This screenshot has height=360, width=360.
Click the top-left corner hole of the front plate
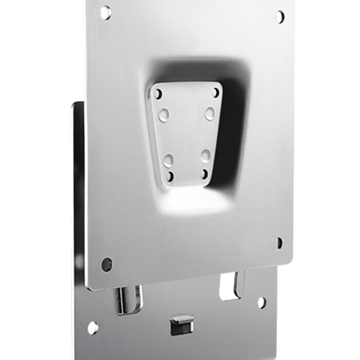point(105,12)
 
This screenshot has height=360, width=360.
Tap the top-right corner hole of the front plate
point(279,16)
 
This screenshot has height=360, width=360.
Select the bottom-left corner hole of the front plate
point(106,264)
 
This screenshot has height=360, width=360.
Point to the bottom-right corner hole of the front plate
point(279,243)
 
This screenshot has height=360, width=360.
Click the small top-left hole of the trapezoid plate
point(158,95)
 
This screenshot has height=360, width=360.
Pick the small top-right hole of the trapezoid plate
point(216,93)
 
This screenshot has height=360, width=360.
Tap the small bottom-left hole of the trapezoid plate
point(170,177)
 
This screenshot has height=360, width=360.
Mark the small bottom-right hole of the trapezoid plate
point(205,174)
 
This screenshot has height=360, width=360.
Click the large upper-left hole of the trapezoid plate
point(164,114)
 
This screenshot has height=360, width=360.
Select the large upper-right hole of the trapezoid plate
point(210,113)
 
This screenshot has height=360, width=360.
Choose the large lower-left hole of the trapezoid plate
point(169,159)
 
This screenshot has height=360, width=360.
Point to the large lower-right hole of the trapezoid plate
point(205,155)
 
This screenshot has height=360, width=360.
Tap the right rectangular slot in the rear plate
point(230,286)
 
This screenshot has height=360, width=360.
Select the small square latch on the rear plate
point(182,325)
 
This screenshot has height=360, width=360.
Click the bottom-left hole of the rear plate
point(93,328)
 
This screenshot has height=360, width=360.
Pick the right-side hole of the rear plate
point(262,302)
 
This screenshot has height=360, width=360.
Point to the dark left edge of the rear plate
point(78,206)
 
